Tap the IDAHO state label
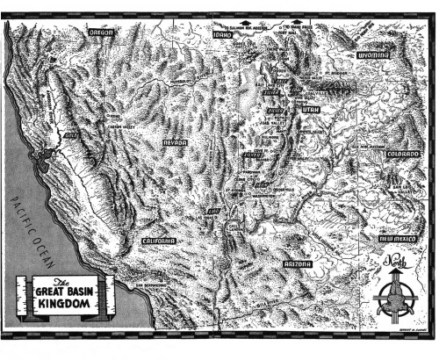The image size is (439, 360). [x=223, y=35]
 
